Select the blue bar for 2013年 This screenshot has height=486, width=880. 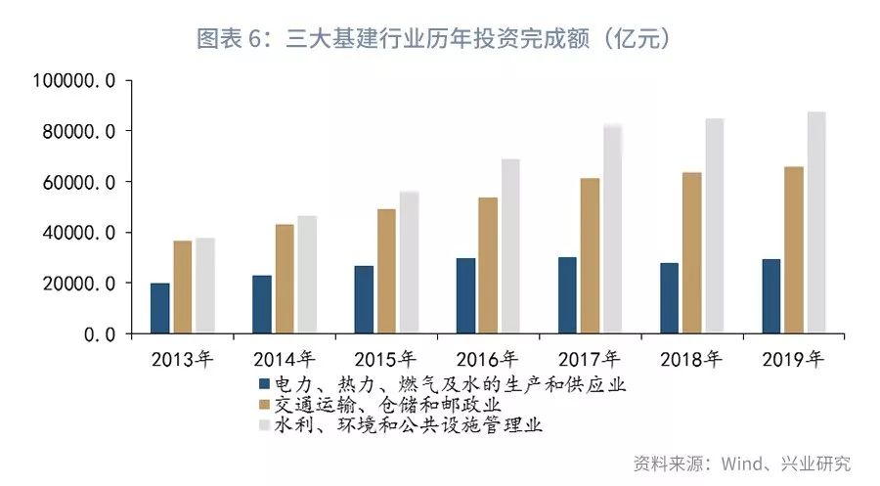pos(159,308)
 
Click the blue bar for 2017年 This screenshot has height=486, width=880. pos(567,295)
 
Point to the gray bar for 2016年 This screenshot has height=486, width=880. pos(509,245)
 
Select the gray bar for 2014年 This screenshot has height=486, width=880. pos(307,275)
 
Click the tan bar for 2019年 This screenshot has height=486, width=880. pos(793,249)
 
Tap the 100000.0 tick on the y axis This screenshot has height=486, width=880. pos(74,81)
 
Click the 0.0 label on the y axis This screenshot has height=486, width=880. pos(98,334)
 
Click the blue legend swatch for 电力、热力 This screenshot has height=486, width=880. pos(263,383)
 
